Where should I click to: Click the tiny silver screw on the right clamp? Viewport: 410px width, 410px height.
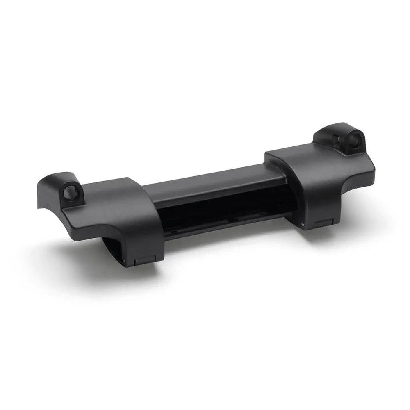tap(302, 224)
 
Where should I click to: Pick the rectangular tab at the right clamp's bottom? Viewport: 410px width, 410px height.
tap(322, 222)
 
